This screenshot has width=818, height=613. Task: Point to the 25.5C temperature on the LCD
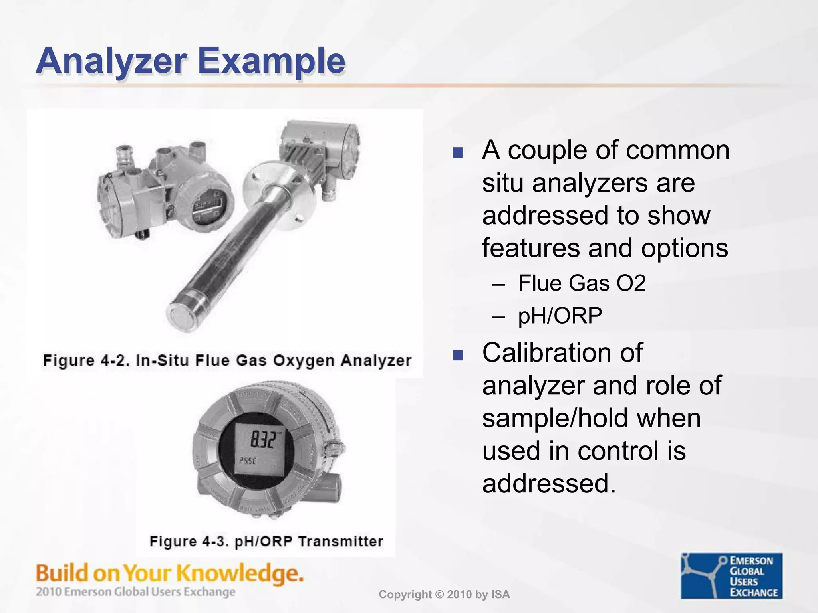(x=248, y=461)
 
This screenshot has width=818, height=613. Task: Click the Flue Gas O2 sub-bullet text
(x=582, y=283)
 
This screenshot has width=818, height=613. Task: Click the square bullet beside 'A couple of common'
(x=458, y=152)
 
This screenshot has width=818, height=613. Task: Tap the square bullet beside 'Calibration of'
(x=458, y=355)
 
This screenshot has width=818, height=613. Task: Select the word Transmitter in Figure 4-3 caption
(x=341, y=542)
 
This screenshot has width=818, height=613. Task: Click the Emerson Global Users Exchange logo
(x=731, y=575)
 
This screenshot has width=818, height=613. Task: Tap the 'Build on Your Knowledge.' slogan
(x=170, y=573)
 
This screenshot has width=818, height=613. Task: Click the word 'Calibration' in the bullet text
(x=546, y=353)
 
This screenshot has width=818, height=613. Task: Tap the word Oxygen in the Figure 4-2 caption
(x=304, y=360)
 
